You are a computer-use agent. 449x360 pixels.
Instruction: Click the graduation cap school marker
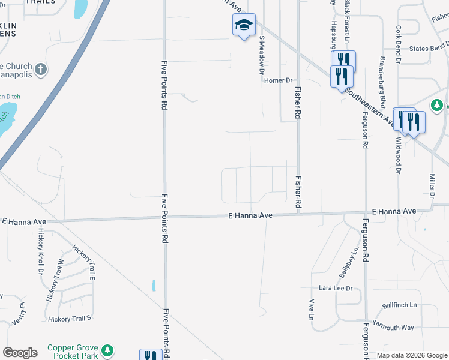pos(244,25)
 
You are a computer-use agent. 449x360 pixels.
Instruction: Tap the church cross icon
pos(41,69)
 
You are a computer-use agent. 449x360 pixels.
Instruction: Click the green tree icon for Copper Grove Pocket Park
pos(107,350)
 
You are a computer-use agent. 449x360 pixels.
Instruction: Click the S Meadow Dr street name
pos(262,55)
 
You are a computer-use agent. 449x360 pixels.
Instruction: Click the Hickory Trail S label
pos(69,319)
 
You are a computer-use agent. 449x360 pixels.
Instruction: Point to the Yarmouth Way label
pos(393,328)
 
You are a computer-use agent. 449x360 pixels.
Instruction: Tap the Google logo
pos(20,353)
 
